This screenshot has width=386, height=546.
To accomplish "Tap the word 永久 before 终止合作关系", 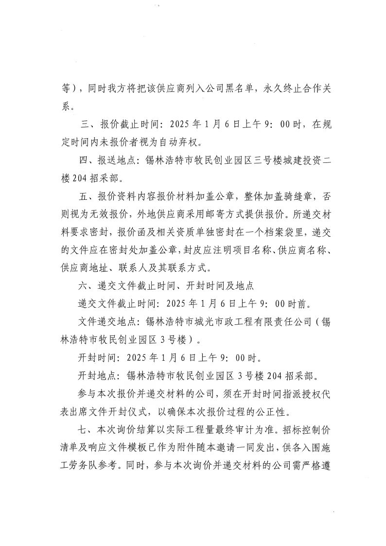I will coord(274,88).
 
